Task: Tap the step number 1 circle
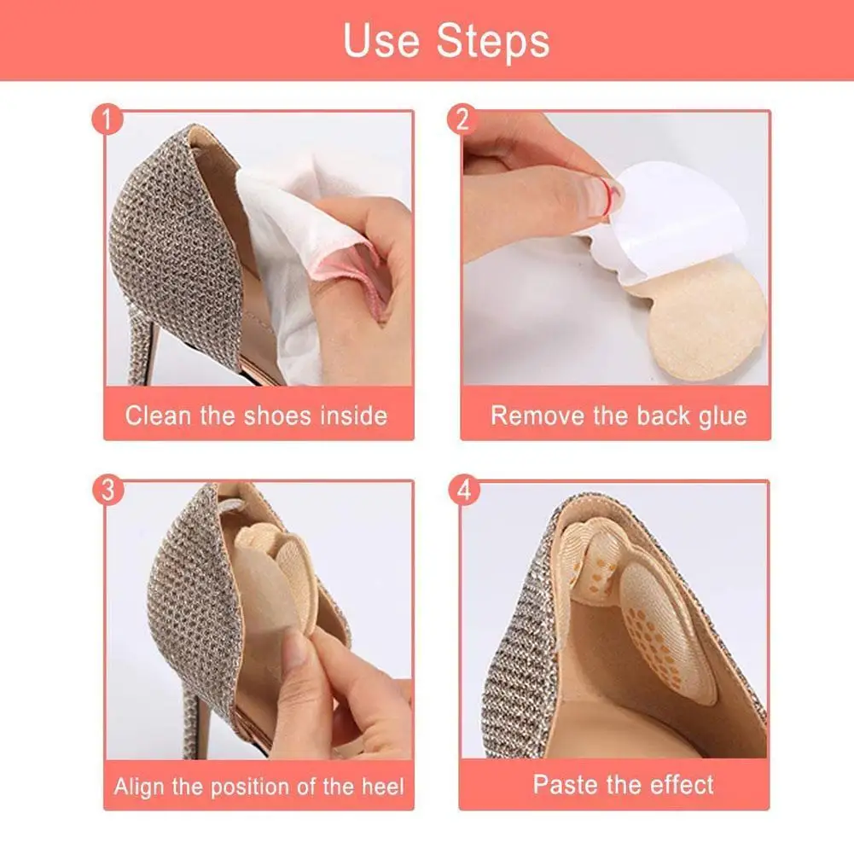tap(105, 120)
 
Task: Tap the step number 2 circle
tap(462, 120)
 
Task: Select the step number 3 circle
tap(105, 491)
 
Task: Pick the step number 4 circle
tap(462, 491)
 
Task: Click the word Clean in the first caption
tap(159, 415)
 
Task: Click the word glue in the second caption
tap(719, 415)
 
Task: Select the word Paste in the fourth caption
tap(565, 784)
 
